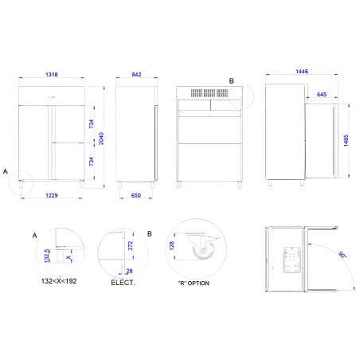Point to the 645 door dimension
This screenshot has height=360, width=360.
point(322,95)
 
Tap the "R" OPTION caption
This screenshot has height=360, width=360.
point(194,282)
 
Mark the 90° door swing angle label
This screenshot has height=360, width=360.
point(342,256)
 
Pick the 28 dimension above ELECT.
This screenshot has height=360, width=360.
point(128,272)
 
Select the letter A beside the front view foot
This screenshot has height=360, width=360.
point(6,171)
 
